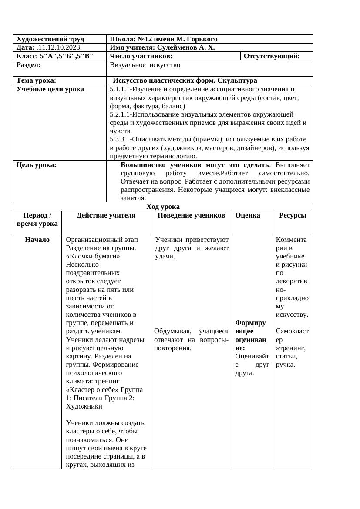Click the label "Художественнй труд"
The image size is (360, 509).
(x=50, y=39)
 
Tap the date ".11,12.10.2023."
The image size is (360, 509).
(x=56, y=47)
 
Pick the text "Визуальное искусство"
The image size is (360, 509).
(x=145, y=65)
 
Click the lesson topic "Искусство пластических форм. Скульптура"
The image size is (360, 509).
(x=185, y=80)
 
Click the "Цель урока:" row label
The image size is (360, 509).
(x=37, y=165)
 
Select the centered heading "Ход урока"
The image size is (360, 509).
(x=163, y=207)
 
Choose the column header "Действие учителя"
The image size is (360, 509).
(x=106, y=215)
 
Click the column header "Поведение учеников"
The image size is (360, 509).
(x=191, y=215)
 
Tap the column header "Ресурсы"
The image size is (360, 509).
(x=293, y=215)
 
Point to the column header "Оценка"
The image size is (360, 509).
(x=248, y=215)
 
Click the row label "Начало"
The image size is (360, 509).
(x=37, y=240)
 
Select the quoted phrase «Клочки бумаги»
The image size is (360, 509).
(x=93, y=257)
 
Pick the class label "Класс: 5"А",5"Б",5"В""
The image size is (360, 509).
(x=55, y=56)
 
